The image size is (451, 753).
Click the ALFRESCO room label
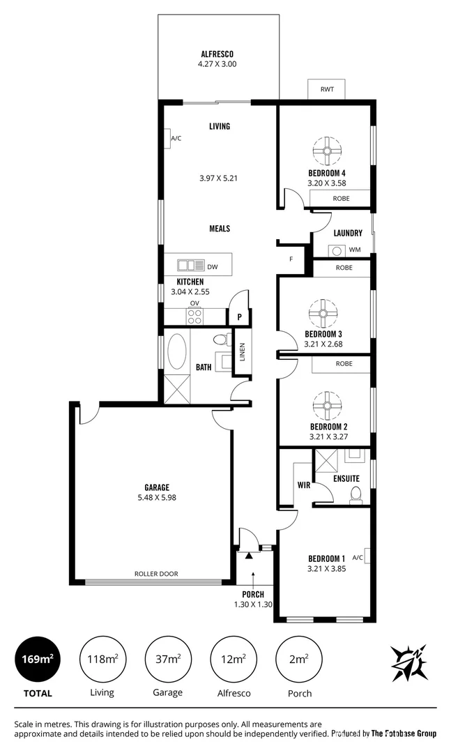pyautogui.click(x=217, y=54)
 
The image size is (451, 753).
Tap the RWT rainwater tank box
pyautogui.click(x=326, y=90)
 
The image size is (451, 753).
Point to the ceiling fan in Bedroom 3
pyautogui.click(x=323, y=312)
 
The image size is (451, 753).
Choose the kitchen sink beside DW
pyautogui.click(x=191, y=265)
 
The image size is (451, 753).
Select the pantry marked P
pyautogui.click(x=239, y=317)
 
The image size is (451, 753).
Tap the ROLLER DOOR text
pyautogui.click(x=156, y=574)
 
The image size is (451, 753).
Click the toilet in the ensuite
pyautogui.click(x=356, y=494)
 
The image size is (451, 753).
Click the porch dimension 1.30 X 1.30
pyautogui.click(x=252, y=604)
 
